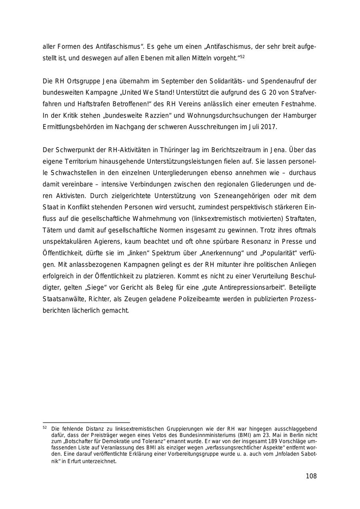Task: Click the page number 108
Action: click(311, 476)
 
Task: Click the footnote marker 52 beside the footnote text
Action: click(44, 427)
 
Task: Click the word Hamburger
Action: click(300, 116)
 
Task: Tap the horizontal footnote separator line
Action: click(86, 422)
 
